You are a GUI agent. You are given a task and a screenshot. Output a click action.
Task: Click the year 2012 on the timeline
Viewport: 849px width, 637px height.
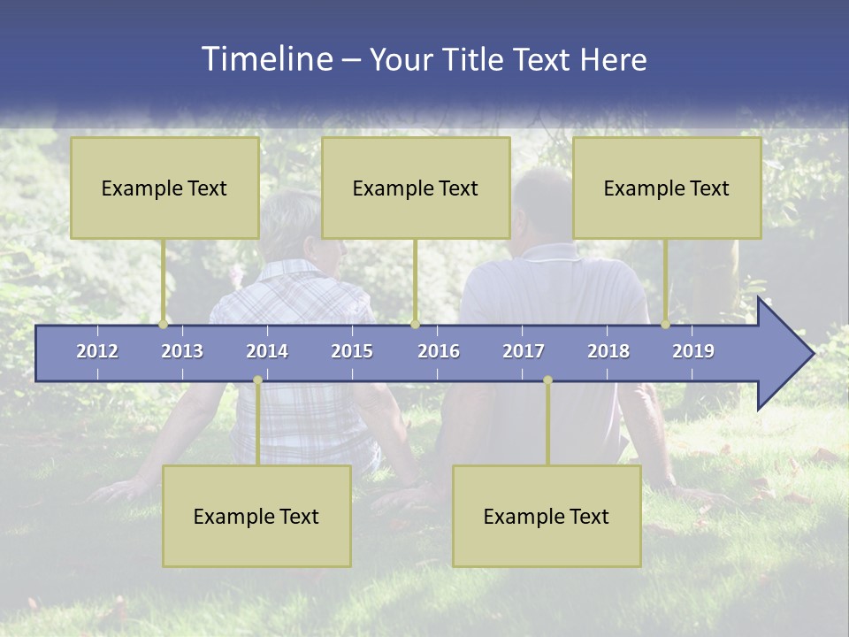point(97,351)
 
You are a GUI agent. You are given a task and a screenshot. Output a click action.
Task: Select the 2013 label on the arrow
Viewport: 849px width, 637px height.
point(182,351)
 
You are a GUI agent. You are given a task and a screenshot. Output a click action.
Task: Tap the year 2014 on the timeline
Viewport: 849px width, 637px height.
point(267,351)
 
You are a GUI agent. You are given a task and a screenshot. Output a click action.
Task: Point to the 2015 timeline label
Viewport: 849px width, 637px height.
point(352,351)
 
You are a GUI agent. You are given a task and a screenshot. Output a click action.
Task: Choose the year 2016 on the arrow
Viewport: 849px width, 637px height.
point(439,351)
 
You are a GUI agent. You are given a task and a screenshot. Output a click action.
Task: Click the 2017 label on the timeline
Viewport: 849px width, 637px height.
point(524,351)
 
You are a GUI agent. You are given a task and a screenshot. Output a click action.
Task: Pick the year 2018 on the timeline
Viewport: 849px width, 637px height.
point(608,351)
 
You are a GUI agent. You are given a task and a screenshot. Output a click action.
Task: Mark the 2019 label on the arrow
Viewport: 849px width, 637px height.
point(693,351)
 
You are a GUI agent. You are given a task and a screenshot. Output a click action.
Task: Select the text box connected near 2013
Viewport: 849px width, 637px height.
point(164,188)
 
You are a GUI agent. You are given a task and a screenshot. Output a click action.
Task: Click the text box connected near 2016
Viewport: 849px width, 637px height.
point(416,188)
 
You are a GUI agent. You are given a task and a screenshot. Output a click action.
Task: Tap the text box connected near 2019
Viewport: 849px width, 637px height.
point(667,188)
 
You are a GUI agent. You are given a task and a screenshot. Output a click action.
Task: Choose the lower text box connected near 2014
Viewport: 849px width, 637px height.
point(256,516)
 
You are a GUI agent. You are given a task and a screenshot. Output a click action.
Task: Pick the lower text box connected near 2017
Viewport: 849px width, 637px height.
point(547,516)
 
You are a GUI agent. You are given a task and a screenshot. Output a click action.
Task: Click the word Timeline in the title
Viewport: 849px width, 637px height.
point(265,59)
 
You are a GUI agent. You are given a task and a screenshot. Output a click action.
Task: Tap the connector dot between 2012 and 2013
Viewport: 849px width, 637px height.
point(163,325)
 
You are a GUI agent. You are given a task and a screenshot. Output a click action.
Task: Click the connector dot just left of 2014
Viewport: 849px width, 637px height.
point(257,380)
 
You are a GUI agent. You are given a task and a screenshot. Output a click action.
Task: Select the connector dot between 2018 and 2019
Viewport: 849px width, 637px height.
point(665,325)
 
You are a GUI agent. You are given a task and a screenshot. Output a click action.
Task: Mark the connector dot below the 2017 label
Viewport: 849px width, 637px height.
point(547,380)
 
